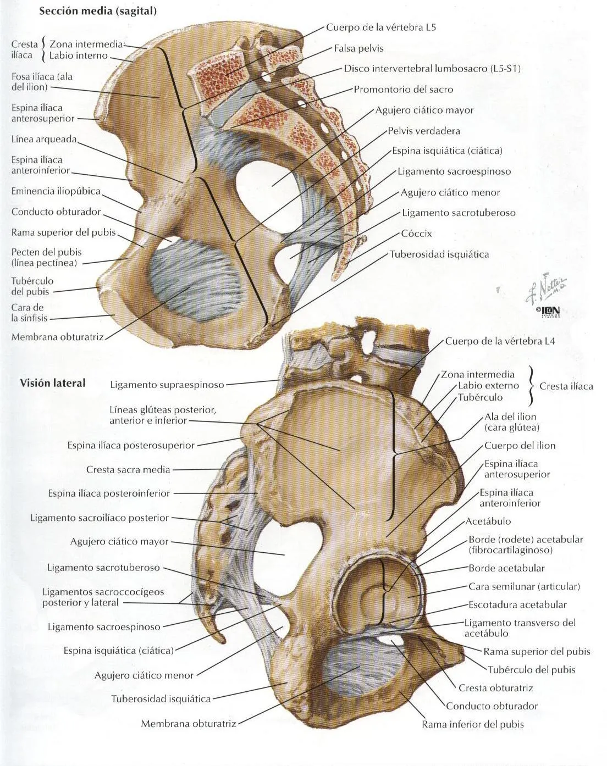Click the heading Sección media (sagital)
98,12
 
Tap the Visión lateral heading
53,383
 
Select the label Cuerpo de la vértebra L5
381,27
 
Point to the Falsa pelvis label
358,48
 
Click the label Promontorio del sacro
403,89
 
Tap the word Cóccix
416,234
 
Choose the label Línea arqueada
44,139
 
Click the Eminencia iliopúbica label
56,191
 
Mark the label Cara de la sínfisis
29,313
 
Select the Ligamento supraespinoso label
167,385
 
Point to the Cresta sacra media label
128,470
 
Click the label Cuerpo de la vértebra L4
500,341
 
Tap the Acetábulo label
488,521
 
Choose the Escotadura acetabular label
517,604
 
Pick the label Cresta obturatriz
495,687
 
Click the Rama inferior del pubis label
472,724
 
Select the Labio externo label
488,386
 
